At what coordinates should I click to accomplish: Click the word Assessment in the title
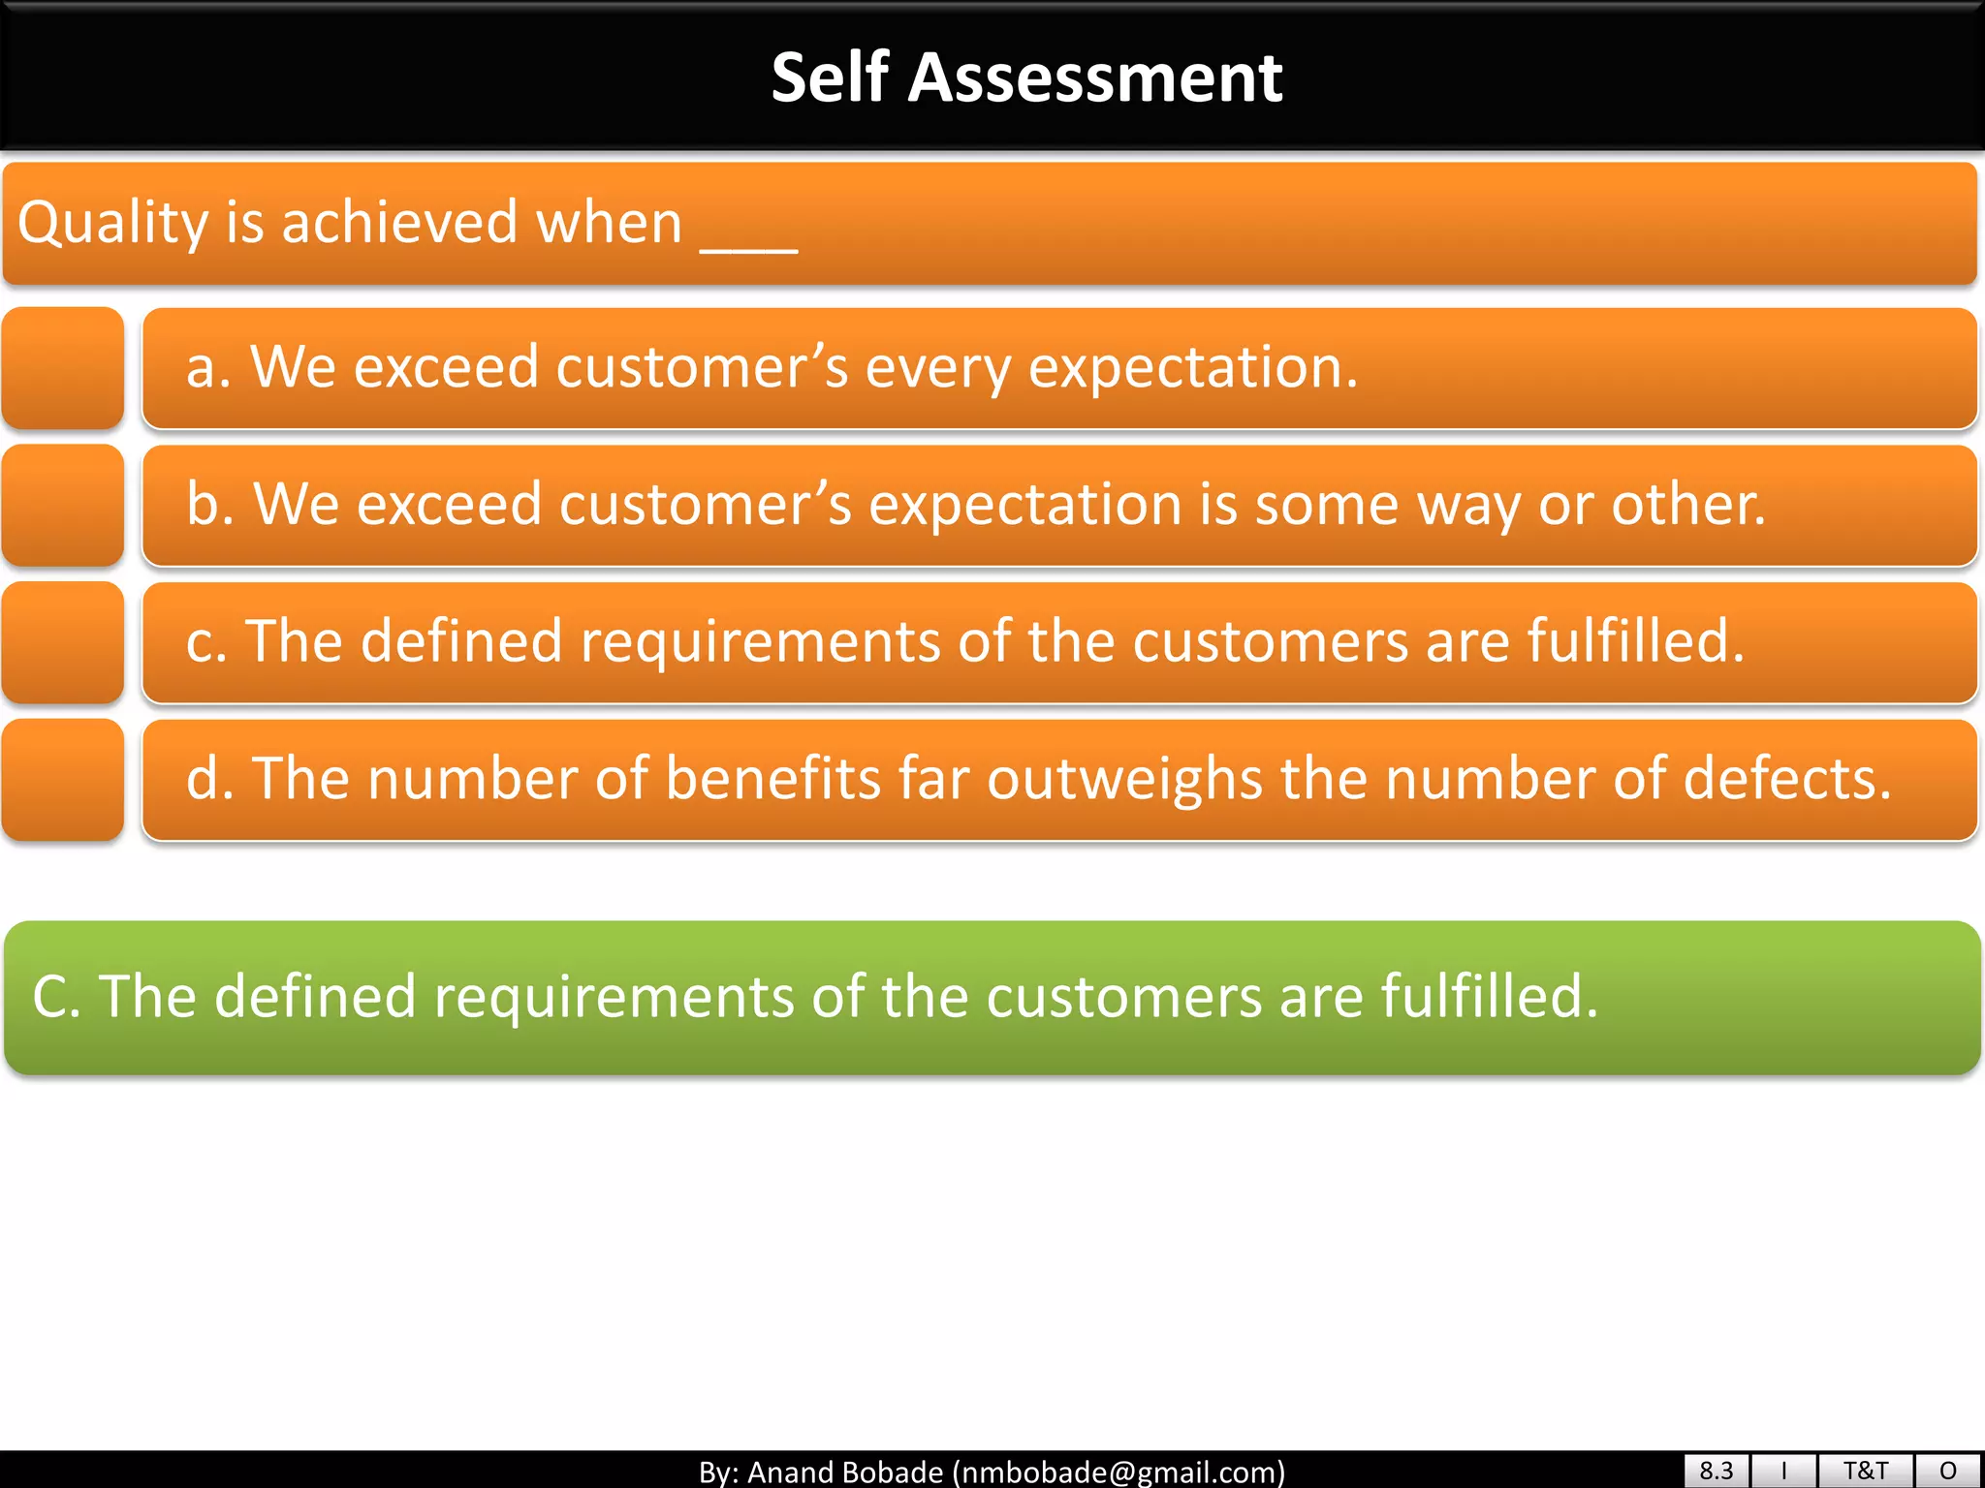(x=1094, y=77)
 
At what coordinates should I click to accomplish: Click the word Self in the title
(x=830, y=77)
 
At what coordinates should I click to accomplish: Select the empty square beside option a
(x=63, y=368)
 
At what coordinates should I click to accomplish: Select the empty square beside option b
(x=63, y=506)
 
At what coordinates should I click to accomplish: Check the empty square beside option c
(x=63, y=642)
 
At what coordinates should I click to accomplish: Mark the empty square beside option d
(x=63, y=780)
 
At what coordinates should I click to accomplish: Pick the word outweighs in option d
(x=1124, y=780)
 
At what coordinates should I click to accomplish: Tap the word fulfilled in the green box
(x=1488, y=997)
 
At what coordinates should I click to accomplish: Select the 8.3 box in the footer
(x=1716, y=1471)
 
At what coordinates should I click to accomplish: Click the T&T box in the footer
(x=1865, y=1471)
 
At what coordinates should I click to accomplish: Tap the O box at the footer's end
(x=1948, y=1471)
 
